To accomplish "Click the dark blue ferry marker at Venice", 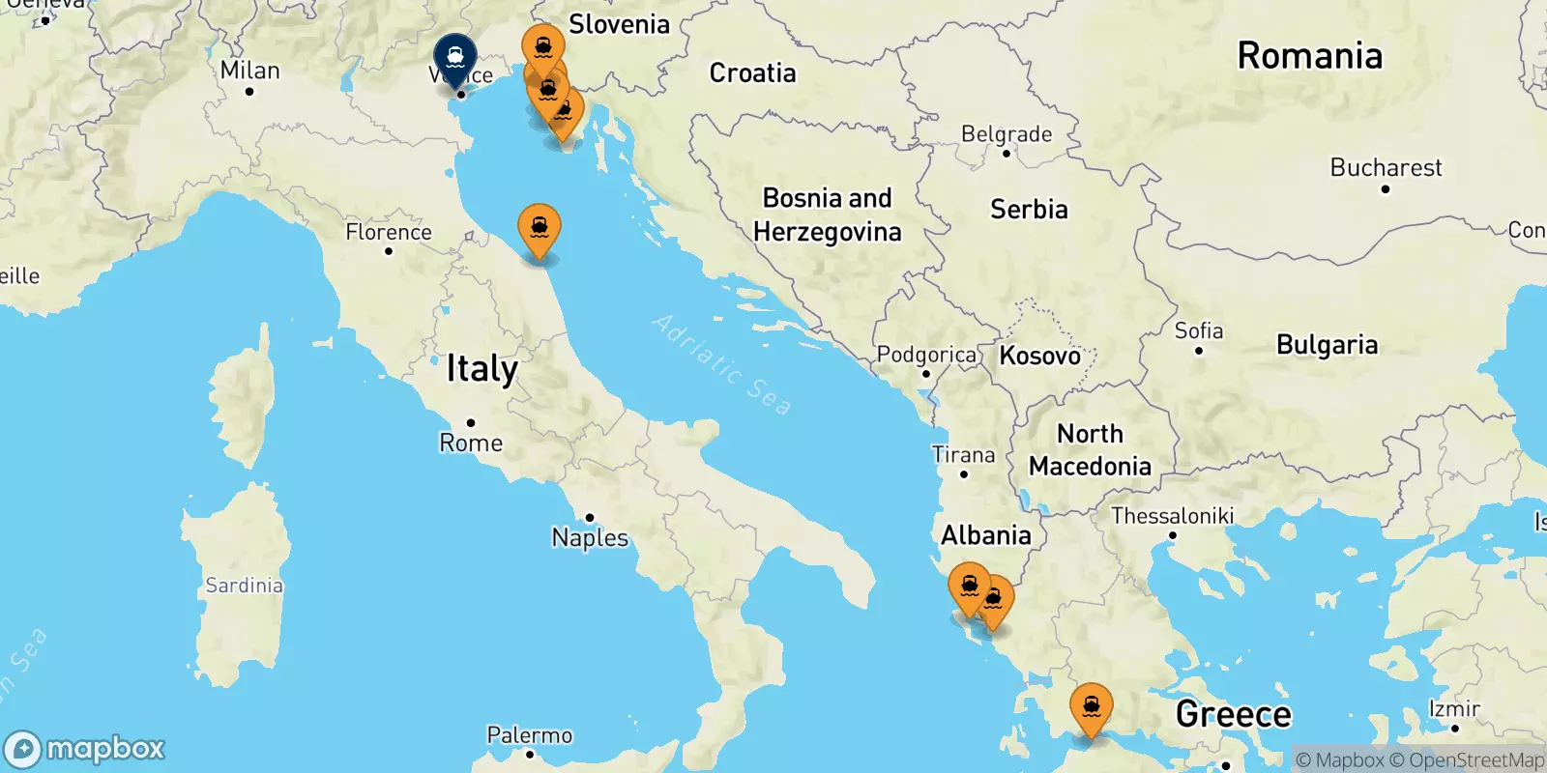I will [455, 59].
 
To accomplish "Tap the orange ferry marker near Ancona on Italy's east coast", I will [540, 228].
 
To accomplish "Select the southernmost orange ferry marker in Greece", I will [1091, 708].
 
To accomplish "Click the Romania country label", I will [1310, 56].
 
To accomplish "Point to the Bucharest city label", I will [1386, 168].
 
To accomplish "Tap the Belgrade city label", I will [1007, 134].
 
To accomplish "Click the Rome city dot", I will [471, 422].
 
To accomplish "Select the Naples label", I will [590, 538].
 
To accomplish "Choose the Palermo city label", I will [530, 736].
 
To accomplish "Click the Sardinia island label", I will [244, 586].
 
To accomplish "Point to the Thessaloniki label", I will [1172, 516].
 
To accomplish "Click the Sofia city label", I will [1199, 331].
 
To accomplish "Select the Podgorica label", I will [926, 356].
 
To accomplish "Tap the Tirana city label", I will [963, 455].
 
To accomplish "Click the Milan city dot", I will [249, 92].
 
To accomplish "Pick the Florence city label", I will [389, 233].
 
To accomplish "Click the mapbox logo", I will [85, 749].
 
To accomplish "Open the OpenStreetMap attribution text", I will [1467, 760].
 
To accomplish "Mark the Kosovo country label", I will [1040, 356].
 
